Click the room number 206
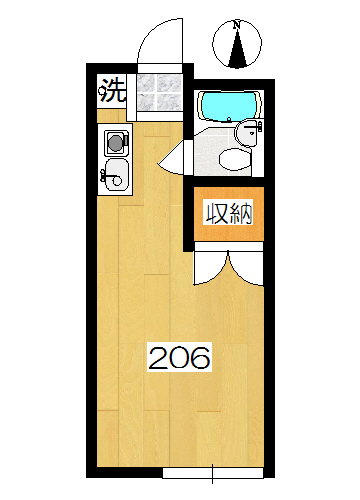(x=180, y=357)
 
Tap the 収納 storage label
(x=228, y=212)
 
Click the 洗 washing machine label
(x=112, y=94)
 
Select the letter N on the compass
(x=237, y=24)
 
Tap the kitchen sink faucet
(x=107, y=177)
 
